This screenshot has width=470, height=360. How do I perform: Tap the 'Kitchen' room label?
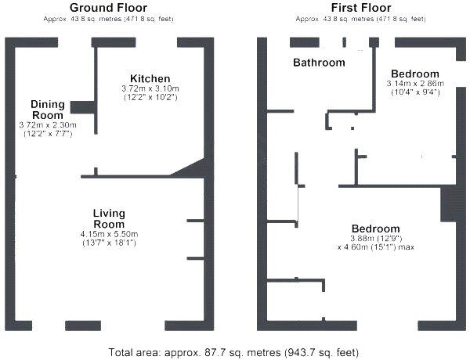(150, 79)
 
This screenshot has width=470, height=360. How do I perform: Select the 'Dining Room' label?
(48, 110)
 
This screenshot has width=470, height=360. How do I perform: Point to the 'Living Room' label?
(109, 218)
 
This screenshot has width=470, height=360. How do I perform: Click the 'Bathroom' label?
(319, 63)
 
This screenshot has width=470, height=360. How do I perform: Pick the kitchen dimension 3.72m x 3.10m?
(150, 89)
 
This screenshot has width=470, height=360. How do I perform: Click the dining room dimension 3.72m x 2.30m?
(48, 125)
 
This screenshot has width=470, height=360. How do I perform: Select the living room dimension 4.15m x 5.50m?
(109, 234)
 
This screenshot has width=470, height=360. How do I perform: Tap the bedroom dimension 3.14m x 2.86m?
(416, 83)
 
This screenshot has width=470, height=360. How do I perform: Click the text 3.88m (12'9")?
(376, 238)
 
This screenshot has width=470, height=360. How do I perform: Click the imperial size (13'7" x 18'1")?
(109, 243)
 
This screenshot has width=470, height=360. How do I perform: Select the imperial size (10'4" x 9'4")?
(415, 92)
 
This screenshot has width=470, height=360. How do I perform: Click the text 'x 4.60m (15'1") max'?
(376, 247)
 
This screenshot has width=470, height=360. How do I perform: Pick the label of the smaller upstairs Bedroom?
(415, 73)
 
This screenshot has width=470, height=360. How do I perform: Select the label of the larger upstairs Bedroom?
(376, 228)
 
